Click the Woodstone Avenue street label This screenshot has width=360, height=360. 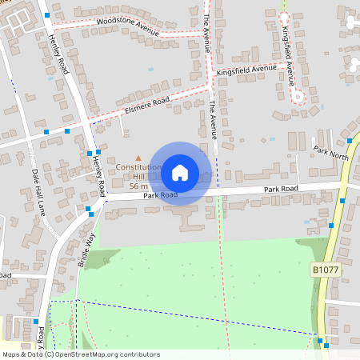pos(127,26)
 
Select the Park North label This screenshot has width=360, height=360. pos(330,152)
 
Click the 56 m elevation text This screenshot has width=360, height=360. pos(138,185)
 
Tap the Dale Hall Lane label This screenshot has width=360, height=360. pos(37,190)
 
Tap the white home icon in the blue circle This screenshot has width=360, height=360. pos(180,172)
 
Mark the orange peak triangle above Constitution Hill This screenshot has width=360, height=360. pos(138,158)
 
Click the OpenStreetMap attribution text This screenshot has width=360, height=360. pos(81,354)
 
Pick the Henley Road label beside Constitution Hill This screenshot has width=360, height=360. pos(99,175)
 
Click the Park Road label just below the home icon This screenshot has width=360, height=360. pos(160,195)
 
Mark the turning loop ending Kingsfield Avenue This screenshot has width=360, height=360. pos(299,97)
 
